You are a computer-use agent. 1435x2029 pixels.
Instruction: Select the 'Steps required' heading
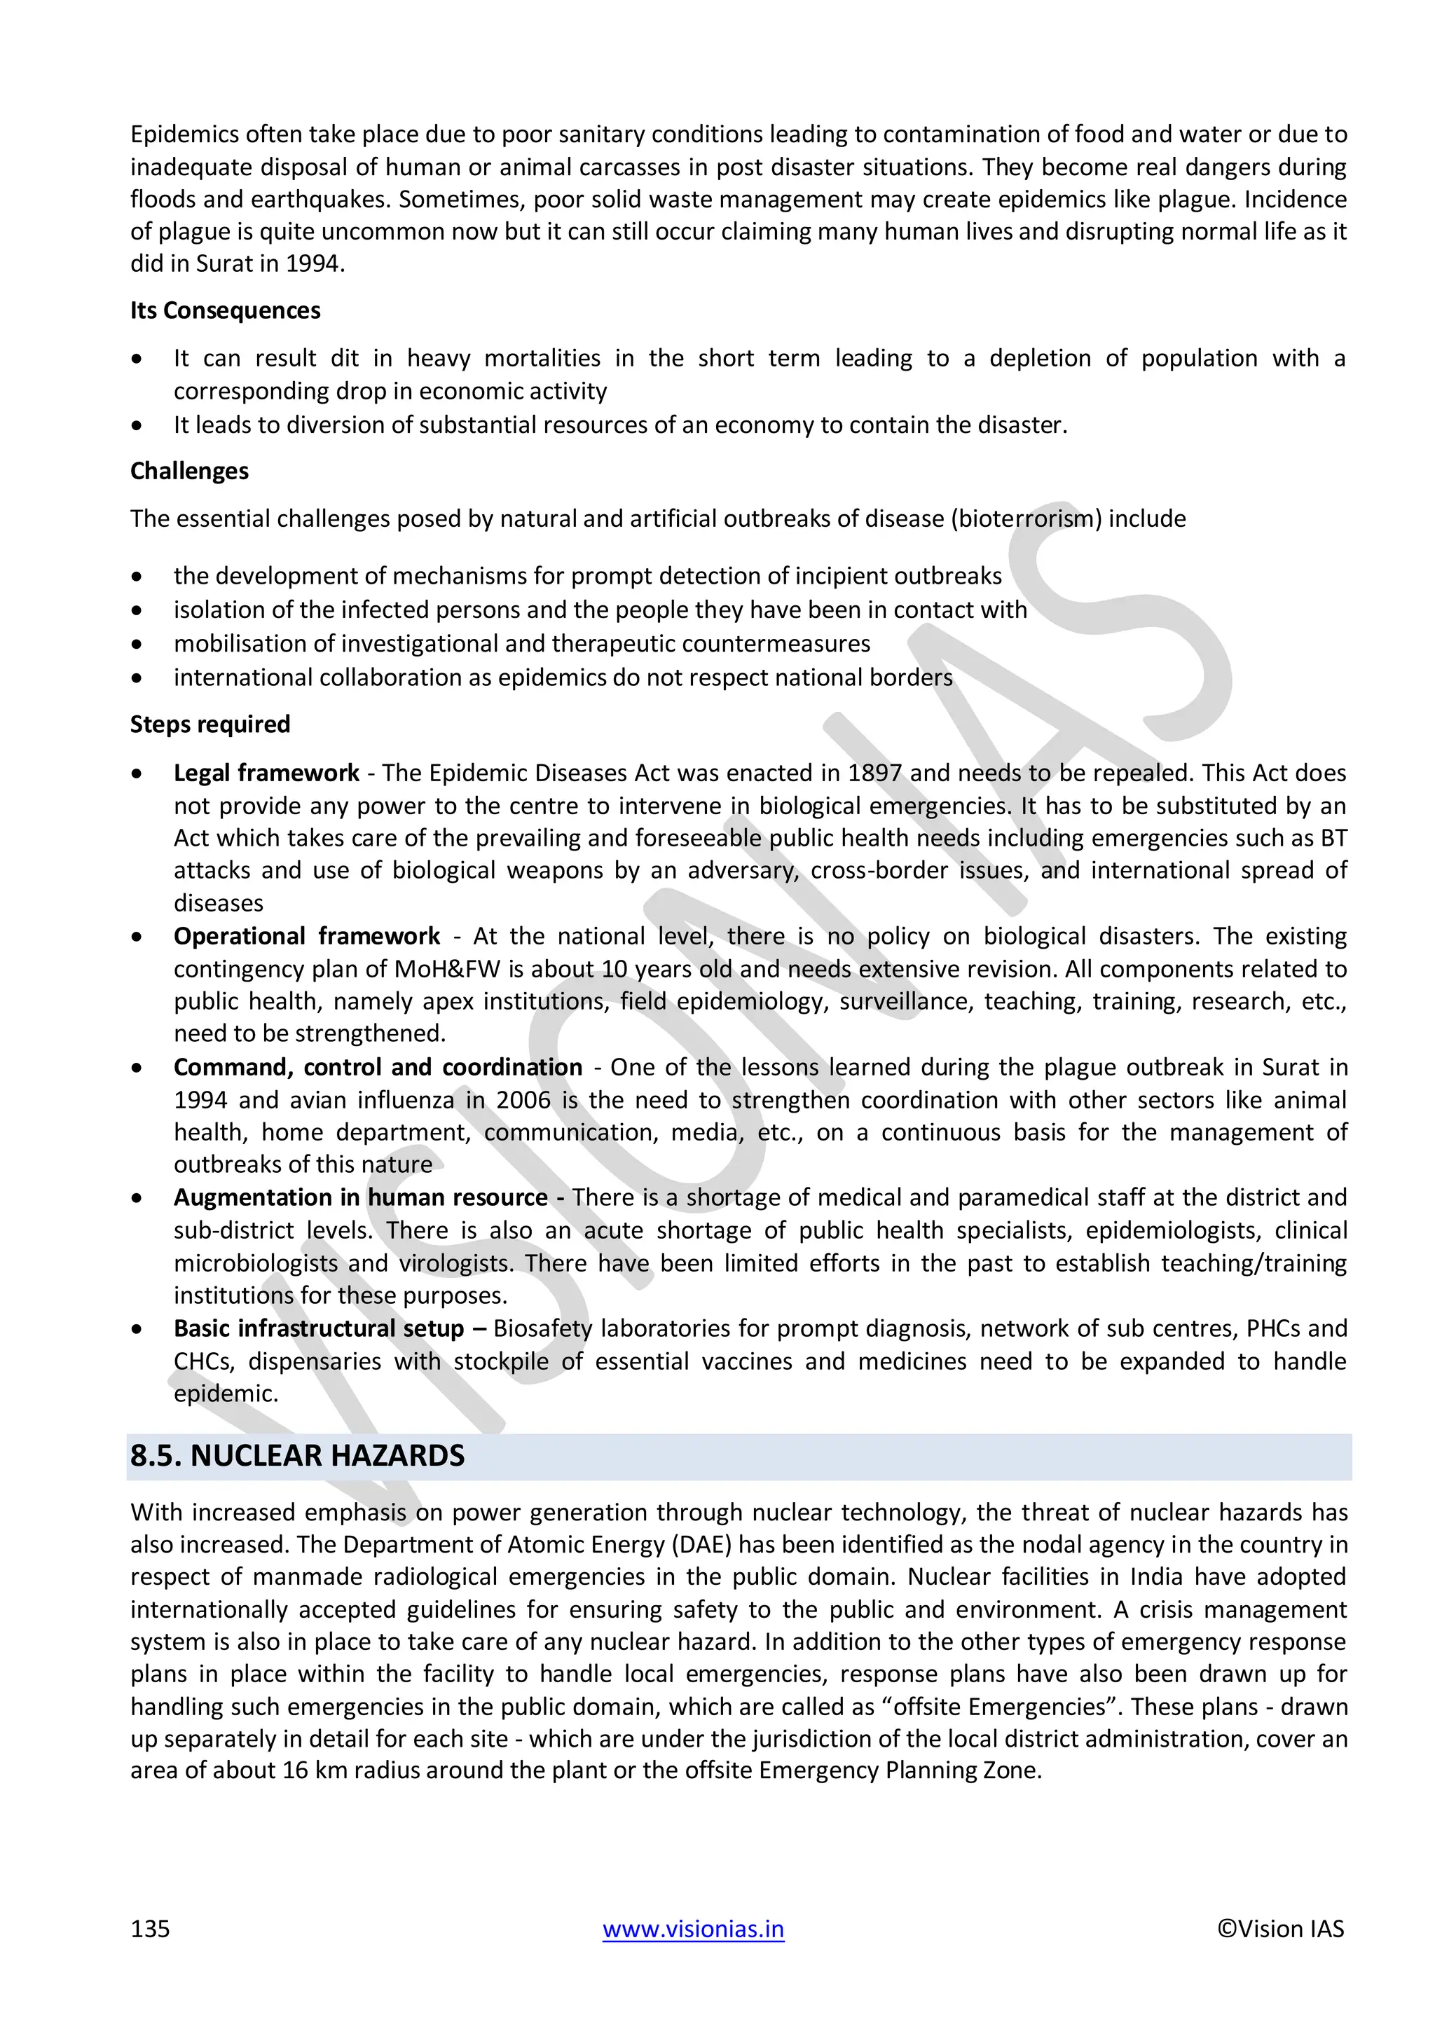(x=210, y=724)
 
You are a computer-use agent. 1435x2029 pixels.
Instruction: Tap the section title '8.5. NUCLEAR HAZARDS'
(x=297, y=1455)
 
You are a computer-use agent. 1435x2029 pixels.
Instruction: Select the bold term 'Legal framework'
(x=266, y=773)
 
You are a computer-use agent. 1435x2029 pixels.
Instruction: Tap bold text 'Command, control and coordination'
(x=377, y=1068)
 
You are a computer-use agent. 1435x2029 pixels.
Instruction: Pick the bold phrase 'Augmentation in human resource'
(x=361, y=1197)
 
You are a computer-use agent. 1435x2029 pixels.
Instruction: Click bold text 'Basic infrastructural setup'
(x=318, y=1328)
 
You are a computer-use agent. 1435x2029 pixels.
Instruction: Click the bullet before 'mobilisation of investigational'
(x=136, y=645)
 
